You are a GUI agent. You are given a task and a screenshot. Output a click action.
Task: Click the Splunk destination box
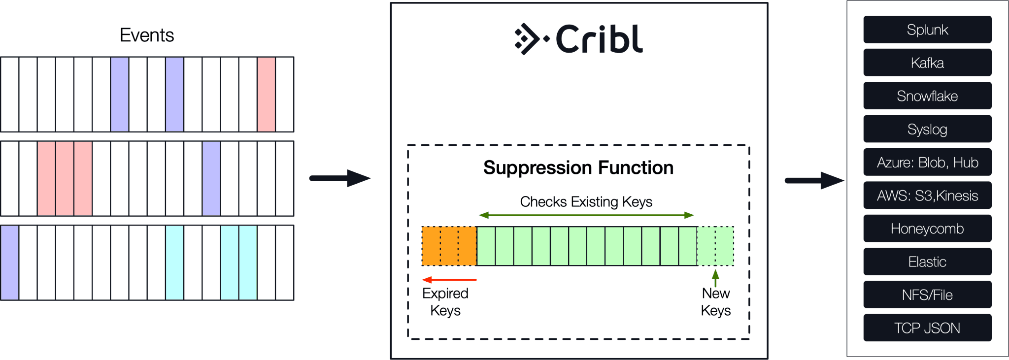click(x=927, y=30)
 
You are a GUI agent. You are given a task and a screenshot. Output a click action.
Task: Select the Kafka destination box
click(x=927, y=63)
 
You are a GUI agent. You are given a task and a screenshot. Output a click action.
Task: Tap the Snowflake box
click(x=927, y=96)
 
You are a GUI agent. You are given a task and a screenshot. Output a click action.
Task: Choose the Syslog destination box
click(x=927, y=129)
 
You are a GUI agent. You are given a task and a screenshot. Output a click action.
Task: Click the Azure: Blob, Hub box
click(x=927, y=162)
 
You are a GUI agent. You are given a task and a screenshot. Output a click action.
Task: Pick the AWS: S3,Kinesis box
click(x=927, y=196)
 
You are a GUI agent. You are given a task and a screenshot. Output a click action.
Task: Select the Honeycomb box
click(x=927, y=229)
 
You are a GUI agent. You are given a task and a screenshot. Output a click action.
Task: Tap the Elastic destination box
click(x=927, y=262)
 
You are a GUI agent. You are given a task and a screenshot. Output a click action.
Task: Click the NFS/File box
click(x=927, y=295)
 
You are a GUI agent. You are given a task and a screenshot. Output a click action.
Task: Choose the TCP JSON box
click(x=927, y=328)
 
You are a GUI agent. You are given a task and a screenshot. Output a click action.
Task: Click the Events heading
click(x=147, y=35)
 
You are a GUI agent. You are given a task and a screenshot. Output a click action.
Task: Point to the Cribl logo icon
click(x=530, y=39)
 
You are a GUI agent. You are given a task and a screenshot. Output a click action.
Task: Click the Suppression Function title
click(x=578, y=168)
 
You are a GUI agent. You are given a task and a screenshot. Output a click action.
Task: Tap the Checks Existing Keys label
click(x=586, y=202)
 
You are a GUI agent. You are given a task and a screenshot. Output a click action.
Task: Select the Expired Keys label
click(x=445, y=302)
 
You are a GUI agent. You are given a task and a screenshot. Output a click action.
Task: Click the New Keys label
click(x=716, y=302)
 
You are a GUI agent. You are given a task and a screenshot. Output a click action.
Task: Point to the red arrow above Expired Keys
click(x=449, y=280)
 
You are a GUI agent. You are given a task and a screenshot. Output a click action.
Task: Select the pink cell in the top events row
click(x=266, y=95)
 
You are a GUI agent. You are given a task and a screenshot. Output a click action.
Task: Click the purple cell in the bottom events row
click(x=10, y=262)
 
